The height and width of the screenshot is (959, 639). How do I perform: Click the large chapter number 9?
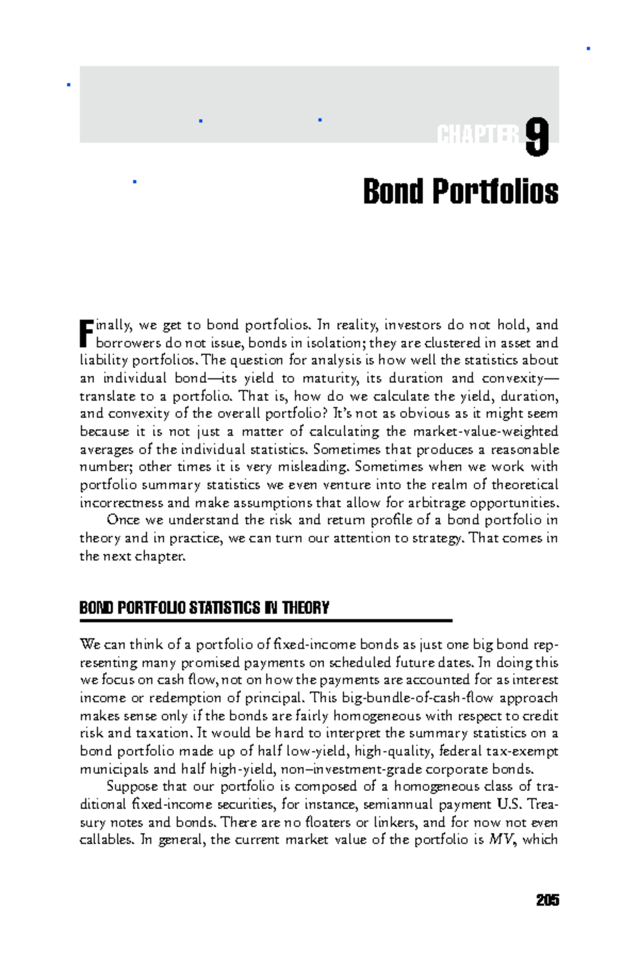(537, 137)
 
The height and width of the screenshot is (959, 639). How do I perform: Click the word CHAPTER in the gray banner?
(478, 135)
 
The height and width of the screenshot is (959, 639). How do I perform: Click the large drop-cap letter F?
(86, 334)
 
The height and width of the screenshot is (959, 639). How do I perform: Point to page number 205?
(547, 900)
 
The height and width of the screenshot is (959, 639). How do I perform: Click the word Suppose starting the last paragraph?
(132, 787)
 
